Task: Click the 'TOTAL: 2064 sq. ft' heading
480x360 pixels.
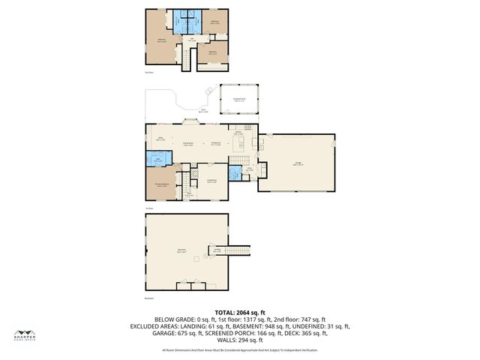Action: coord(239,311)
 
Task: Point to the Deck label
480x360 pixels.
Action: coord(203,110)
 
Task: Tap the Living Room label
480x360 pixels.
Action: coord(211,181)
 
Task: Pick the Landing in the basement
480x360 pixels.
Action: coord(237,252)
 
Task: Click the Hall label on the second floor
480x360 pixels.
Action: coord(190,40)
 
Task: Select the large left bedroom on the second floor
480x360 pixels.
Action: coord(161,40)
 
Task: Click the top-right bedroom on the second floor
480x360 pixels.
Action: coord(215,22)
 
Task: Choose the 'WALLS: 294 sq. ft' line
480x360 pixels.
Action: coord(239,339)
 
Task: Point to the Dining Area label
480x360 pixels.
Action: coord(214,143)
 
